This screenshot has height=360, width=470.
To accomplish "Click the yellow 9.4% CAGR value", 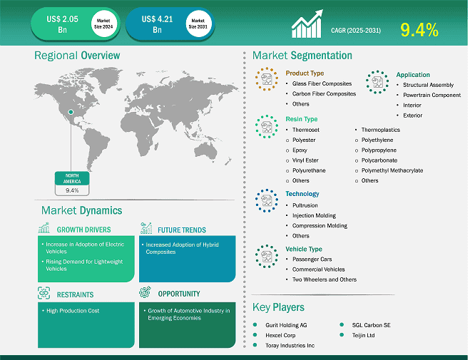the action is coord(419,30).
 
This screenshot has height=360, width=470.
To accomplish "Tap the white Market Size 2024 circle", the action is coord(103,24).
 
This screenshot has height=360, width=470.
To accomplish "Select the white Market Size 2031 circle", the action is coord(198,24).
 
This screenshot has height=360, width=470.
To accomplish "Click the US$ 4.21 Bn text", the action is coord(157,24).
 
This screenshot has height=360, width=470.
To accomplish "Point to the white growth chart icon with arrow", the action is coord(307,24).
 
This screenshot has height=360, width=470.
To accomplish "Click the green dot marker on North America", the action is coord(71,112).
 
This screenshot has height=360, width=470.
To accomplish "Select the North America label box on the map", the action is coord(72,183).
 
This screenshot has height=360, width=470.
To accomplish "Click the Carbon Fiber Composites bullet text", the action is coord(324,94).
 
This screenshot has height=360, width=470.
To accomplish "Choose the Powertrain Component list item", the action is coord(431,95).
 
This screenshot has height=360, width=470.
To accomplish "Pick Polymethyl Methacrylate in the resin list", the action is coord(392,170).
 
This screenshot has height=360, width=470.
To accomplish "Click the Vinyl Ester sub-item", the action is coord(305,160).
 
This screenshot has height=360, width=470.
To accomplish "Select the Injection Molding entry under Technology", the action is coord(314,215).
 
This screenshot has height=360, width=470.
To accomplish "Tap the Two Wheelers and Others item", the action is coord(325,279).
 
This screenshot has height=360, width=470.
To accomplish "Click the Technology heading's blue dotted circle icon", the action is coord(267,200).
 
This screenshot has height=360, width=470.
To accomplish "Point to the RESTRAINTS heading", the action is coord(75,294).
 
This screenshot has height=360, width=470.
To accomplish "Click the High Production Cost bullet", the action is coord(73,311).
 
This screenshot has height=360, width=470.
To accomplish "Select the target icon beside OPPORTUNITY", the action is coord(145,292).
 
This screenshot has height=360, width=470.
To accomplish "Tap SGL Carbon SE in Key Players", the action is coord(371,325).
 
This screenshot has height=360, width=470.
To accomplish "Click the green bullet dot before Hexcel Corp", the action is coord(255,335).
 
